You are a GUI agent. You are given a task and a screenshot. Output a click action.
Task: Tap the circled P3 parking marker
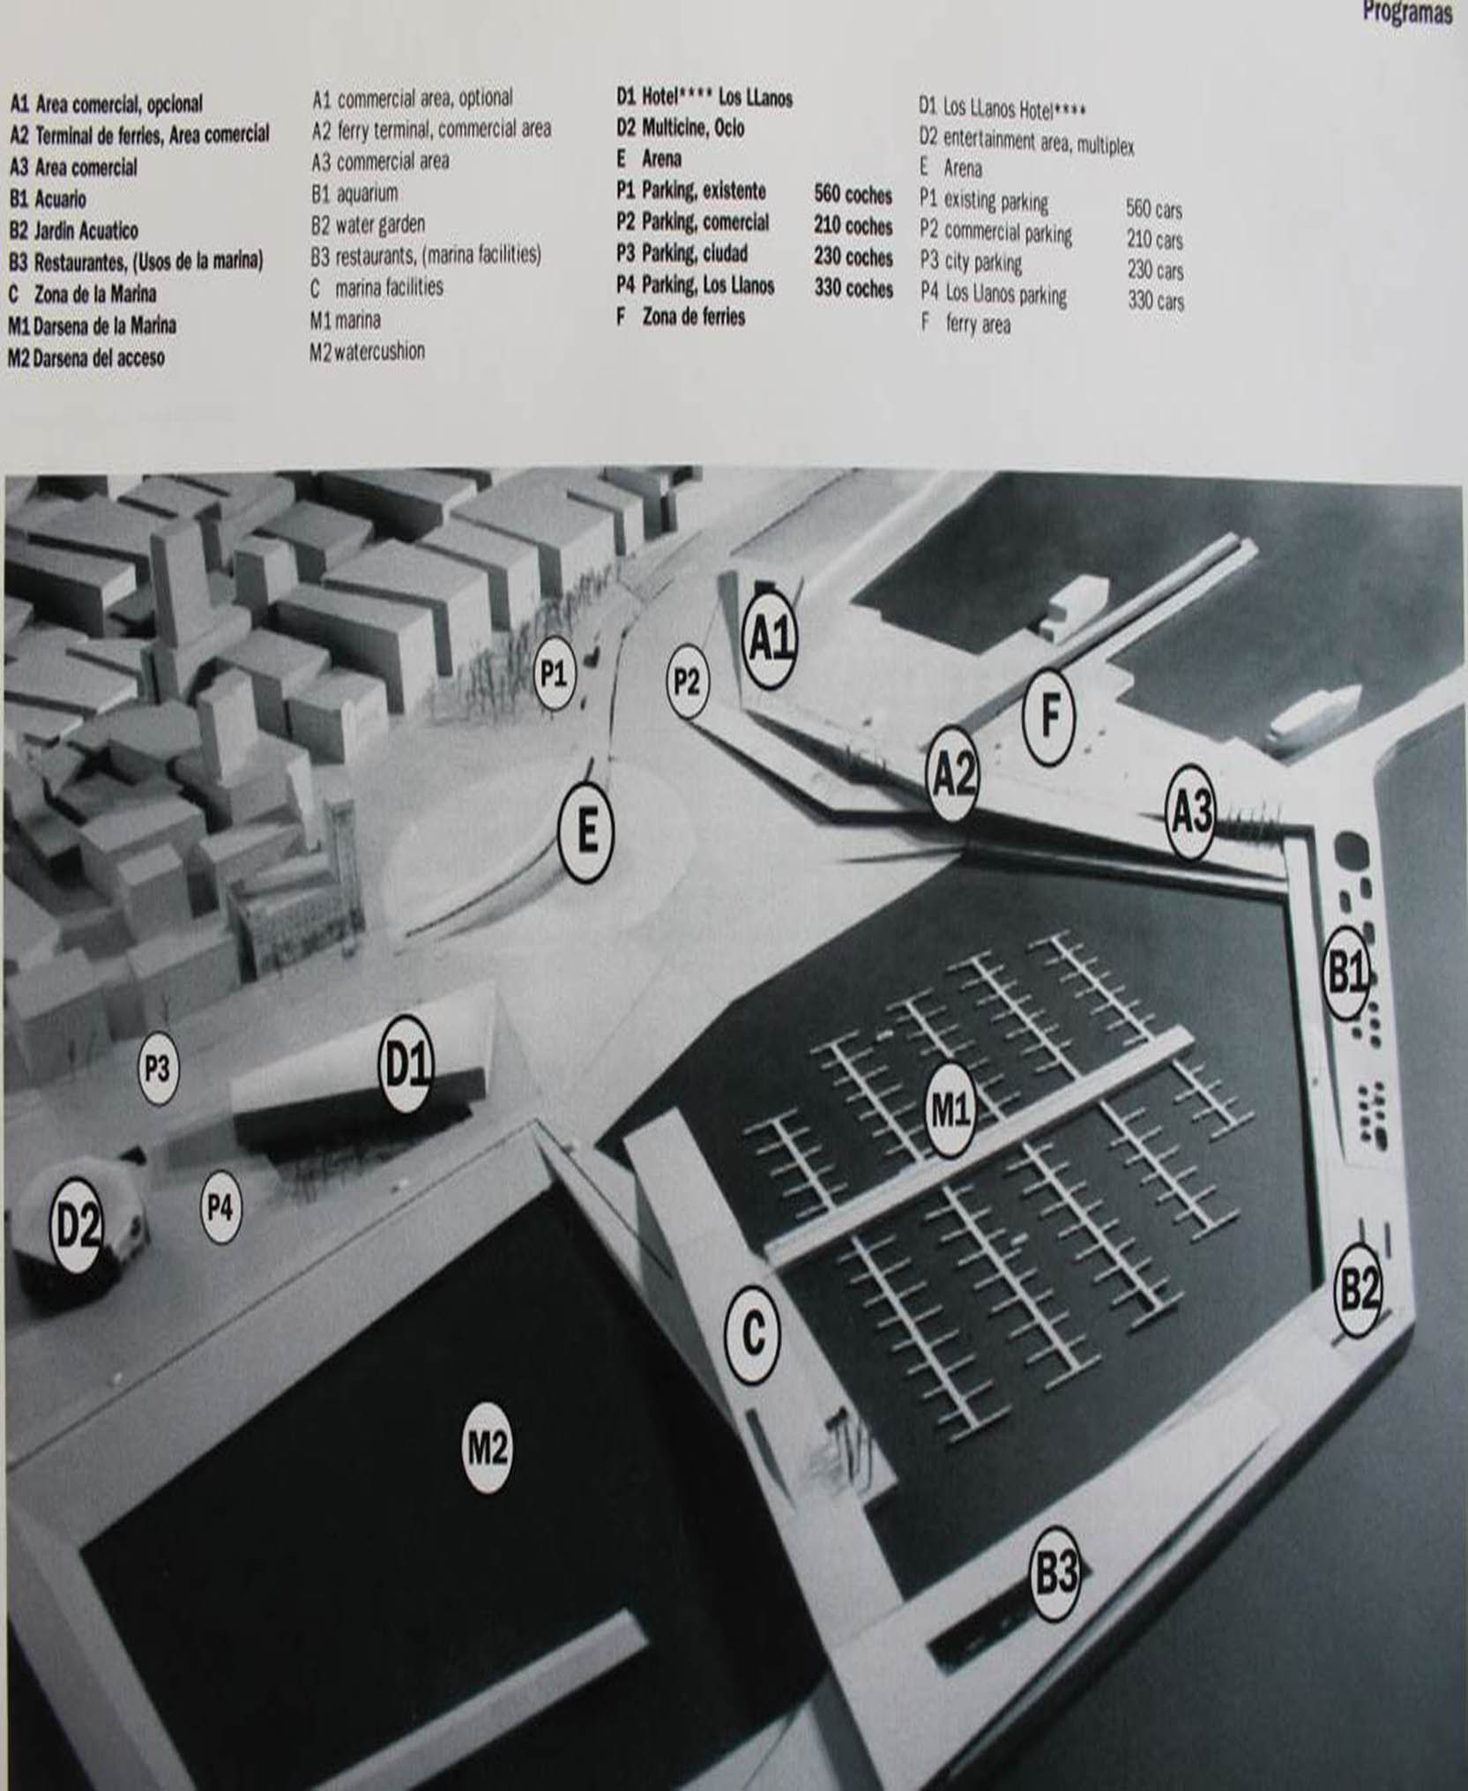click(157, 1069)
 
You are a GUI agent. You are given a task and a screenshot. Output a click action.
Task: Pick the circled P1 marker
click(554, 675)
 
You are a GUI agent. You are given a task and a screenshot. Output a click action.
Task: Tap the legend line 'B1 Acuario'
click(48, 199)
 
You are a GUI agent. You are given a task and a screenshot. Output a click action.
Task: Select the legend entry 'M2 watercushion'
click(367, 352)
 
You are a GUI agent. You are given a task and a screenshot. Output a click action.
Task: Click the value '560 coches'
click(853, 195)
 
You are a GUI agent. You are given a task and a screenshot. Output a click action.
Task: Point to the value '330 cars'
click(1156, 302)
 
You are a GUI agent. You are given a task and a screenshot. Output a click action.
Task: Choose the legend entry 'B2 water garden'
click(368, 225)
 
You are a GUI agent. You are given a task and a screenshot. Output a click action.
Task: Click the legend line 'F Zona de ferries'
click(681, 317)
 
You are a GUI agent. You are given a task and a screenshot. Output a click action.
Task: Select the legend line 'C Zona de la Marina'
click(83, 294)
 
